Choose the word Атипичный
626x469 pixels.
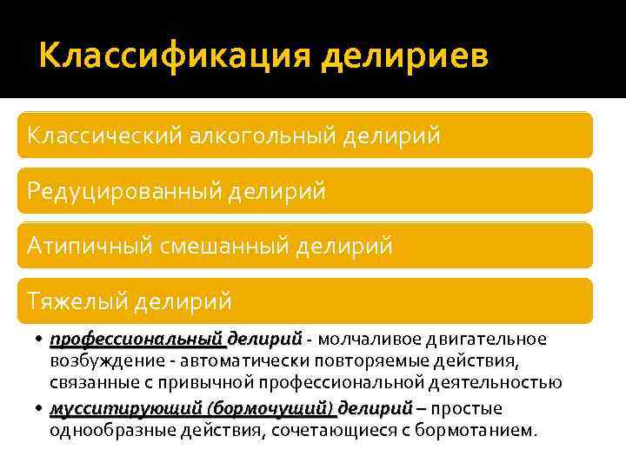pyautogui.click(x=89, y=246)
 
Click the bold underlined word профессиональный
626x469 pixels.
pyautogui.click(x=137, y=338)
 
